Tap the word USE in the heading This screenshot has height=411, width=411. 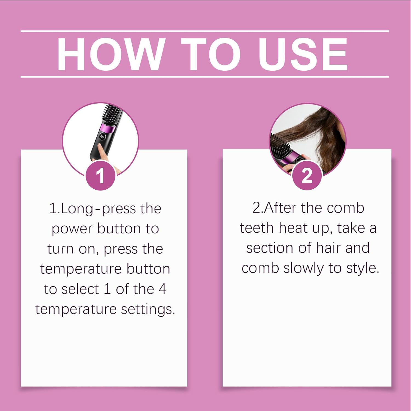point(303,54)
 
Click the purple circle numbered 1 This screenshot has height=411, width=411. point(101,176)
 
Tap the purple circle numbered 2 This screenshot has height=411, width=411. point(307,176)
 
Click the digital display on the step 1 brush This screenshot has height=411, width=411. point(102,136)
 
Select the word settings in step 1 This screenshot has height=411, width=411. point(148,310)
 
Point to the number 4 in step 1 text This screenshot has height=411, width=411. point(162,289)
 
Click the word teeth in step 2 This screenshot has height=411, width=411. point(257,228)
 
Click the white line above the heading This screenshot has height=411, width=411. point(205,31)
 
